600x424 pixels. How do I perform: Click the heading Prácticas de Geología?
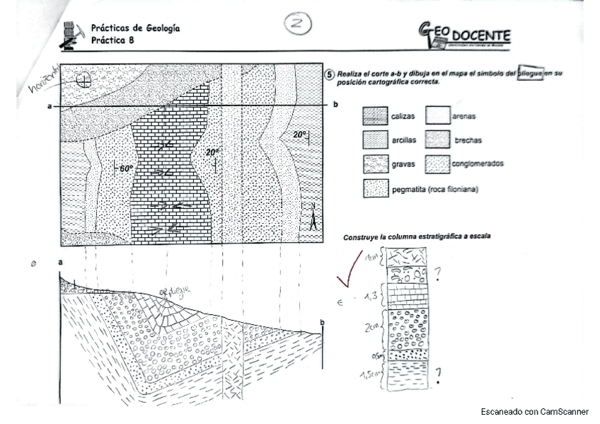coord(135,28)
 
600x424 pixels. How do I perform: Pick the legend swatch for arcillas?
coord(375,140)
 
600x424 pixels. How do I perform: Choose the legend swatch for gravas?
coord(375,165)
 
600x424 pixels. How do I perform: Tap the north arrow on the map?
coord(312,216)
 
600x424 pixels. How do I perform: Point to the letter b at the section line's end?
coord(335,105)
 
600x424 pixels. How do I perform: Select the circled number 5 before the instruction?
coord(330,74)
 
